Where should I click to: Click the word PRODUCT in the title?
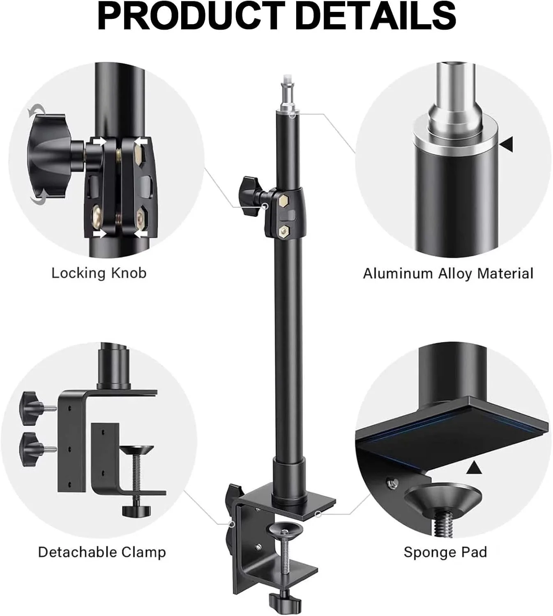pyautogui.click(x=191, y=16)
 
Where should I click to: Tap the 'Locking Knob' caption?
pyautogui.click(x=99, y=273)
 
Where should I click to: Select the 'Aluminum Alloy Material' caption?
pyautogui.click(x=448, y=274)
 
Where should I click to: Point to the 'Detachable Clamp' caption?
pyautogui.click(x=102, y=552)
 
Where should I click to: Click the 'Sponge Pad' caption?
pyautogui.click(x=445, y=552)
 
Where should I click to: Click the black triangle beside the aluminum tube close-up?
pyautogui.click(x=507, y=144)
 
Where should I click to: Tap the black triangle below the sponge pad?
pyautogui.click(x=474, y=468)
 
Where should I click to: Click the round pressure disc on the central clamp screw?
pyautogui.click(x=285, y=529)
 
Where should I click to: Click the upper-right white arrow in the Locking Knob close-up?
pyautogui.click(x=141, y=141)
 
